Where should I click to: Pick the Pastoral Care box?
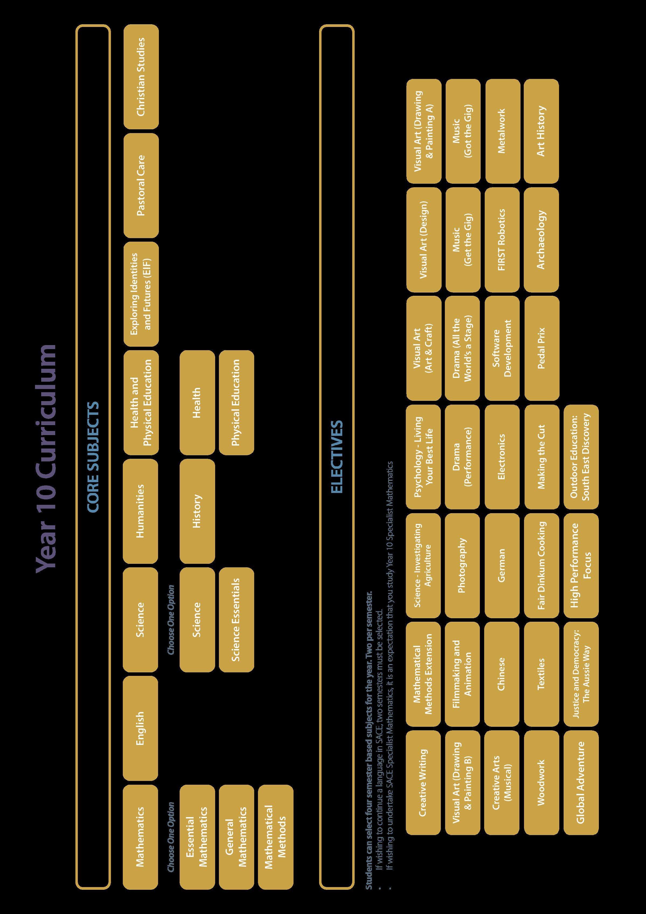pyautogui.click(x=141, y=186)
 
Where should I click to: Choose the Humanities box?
pyautogui.click(x=141, y=511)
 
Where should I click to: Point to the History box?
pyautogui.click(x=197, y=511)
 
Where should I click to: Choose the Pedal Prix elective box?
pyautogui.click(x=541, y=348)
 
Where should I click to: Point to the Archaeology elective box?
pyautogui.click(x=541, y=240)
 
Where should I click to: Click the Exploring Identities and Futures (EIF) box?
pyautogui.click(x=141, y=294)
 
